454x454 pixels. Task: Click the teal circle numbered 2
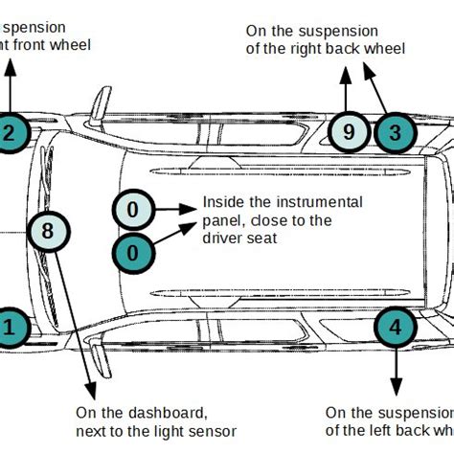coord(9,134)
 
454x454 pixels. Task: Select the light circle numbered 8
coord(48,231)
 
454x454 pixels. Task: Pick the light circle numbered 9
coord(347,133)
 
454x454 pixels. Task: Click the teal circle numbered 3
coord(394,133)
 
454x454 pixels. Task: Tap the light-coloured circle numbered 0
coord(133,210)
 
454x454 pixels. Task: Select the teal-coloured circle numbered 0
coord(133,253)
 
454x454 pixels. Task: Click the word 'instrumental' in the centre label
coord(317,202)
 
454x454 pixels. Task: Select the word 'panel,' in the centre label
coord(222,220)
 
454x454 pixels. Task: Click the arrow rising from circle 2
coord(10,86)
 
